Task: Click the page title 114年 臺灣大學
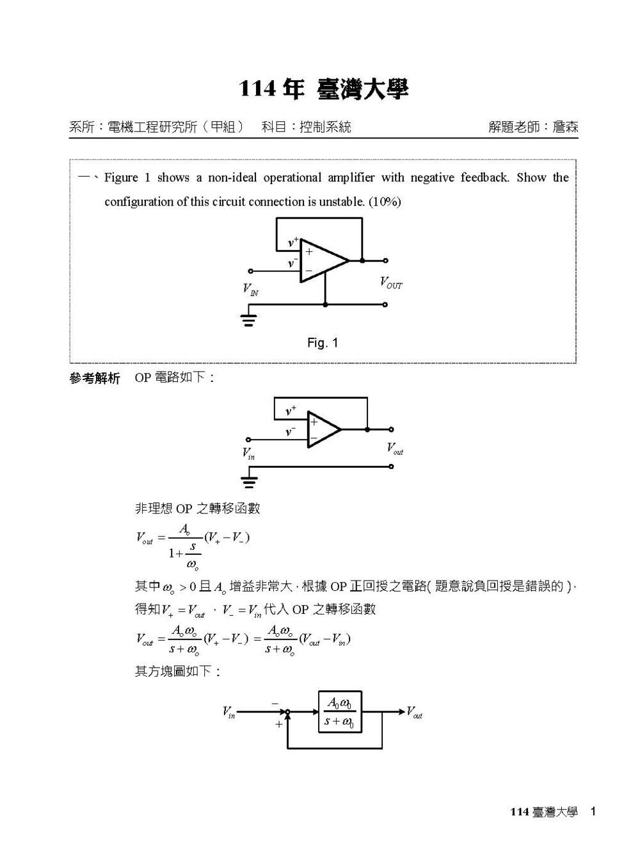(x=323, y=90)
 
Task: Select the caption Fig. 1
(x=323, y=343)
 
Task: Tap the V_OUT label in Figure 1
(x=391, y=283)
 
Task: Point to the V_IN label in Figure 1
(x=250, y=290)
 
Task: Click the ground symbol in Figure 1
(x=248, y=318)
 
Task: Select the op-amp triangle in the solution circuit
(x=323, y=429)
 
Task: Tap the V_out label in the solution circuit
(x=395, y=449)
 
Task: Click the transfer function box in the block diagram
(x=340, y=711)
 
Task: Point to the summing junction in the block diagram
(x=288, y=712)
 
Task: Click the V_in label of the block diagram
(x=228, y=712)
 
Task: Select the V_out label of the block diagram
(x=414, y=712)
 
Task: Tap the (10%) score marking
(x=385, y=202)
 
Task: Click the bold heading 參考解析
(x=95, y=379)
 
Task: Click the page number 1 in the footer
(x=593, y=812)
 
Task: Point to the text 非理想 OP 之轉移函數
(x=197, y=509)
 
